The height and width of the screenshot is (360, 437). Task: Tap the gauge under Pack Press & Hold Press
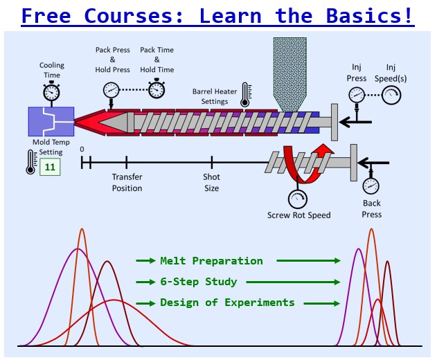click(x=111, y=89)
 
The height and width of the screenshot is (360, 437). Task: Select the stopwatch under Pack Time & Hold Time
click(x=157, y=88)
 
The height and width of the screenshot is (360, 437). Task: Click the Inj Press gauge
click(x=356, y=96)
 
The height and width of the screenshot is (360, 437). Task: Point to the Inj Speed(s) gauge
click(x=391, y=96)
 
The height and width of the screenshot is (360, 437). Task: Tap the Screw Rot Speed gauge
click(x=298, y=199)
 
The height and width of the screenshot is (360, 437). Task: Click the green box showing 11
click(x=49, y=167)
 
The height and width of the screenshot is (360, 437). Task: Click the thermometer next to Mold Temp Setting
click(x=30, y=163)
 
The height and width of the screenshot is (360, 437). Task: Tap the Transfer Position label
click(x=127, y=183)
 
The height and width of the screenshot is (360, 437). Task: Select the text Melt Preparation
click(x=211, y=261)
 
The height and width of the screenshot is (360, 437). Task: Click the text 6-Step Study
click(x=198, y=282)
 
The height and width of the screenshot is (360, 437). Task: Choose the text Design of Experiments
click(x=227, y=303)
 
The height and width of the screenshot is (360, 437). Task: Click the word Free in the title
click(x=48, y=15)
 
